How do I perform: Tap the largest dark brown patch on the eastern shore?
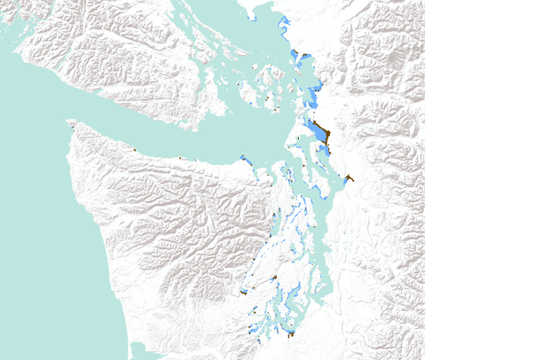pyautogui.click(x=326, y=135)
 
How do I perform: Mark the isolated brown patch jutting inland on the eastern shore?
pyautogui.click(x=349, y=178)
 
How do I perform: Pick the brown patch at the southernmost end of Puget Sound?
pyautogui.click(x=291, y=333)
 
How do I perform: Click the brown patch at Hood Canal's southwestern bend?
pyautogui.click(x=243, y=292)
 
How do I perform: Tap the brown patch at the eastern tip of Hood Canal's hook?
pyautogui.click(x=274, y=278)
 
